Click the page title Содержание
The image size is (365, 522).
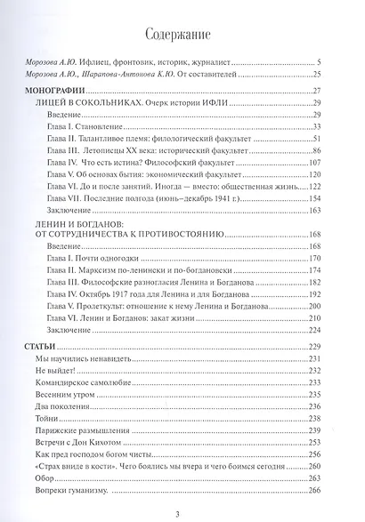182,36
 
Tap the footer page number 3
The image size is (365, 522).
182,513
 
